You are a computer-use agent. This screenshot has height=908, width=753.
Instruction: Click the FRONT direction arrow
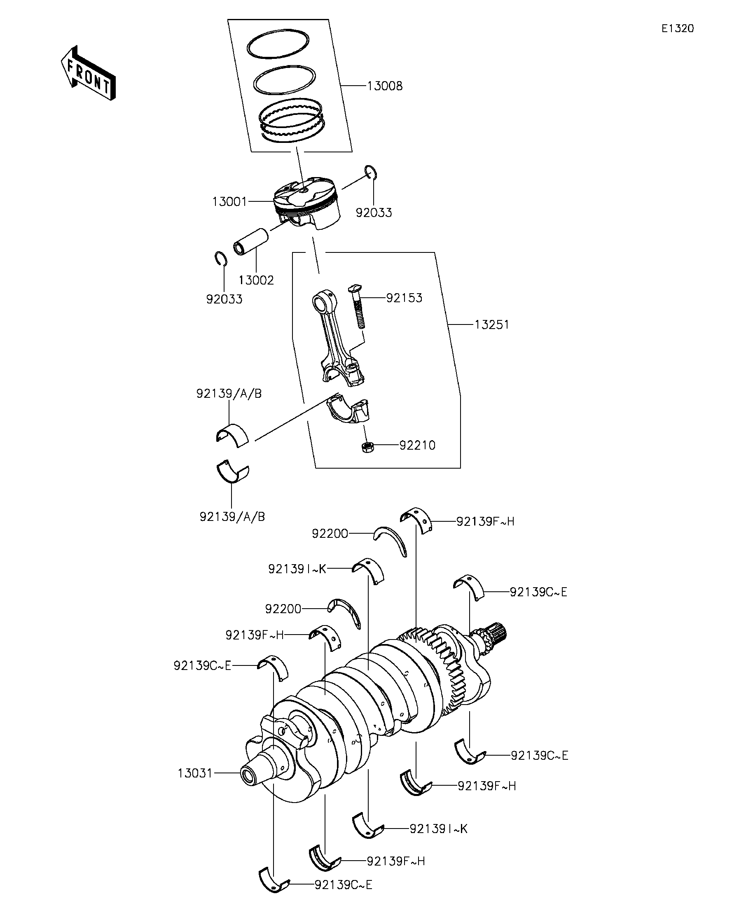(x=88, y=72)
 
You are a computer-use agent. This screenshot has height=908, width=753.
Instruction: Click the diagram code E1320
(x=677, y=28)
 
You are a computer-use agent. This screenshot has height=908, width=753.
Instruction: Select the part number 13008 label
(x=384, y=86)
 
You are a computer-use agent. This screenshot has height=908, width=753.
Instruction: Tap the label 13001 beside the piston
(x=229, y=201)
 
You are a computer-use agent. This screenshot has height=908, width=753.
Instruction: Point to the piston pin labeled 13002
(x=251, y=241)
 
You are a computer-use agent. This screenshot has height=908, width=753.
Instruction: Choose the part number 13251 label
(x=492, y=324)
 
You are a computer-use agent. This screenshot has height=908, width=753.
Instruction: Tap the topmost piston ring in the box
(x=278, y=44)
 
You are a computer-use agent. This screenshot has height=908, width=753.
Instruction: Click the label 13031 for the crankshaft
(x=195, y=773)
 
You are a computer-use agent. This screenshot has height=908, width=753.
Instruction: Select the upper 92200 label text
(x=330, y=534)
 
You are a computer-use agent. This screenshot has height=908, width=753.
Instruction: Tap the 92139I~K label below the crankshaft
(x=439, y=829)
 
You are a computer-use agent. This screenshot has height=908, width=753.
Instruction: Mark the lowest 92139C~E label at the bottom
(x=344, y=885)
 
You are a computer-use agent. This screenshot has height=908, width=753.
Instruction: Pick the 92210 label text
(x=417, y=446)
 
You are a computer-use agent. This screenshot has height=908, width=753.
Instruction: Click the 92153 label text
(x=404, y=298)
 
